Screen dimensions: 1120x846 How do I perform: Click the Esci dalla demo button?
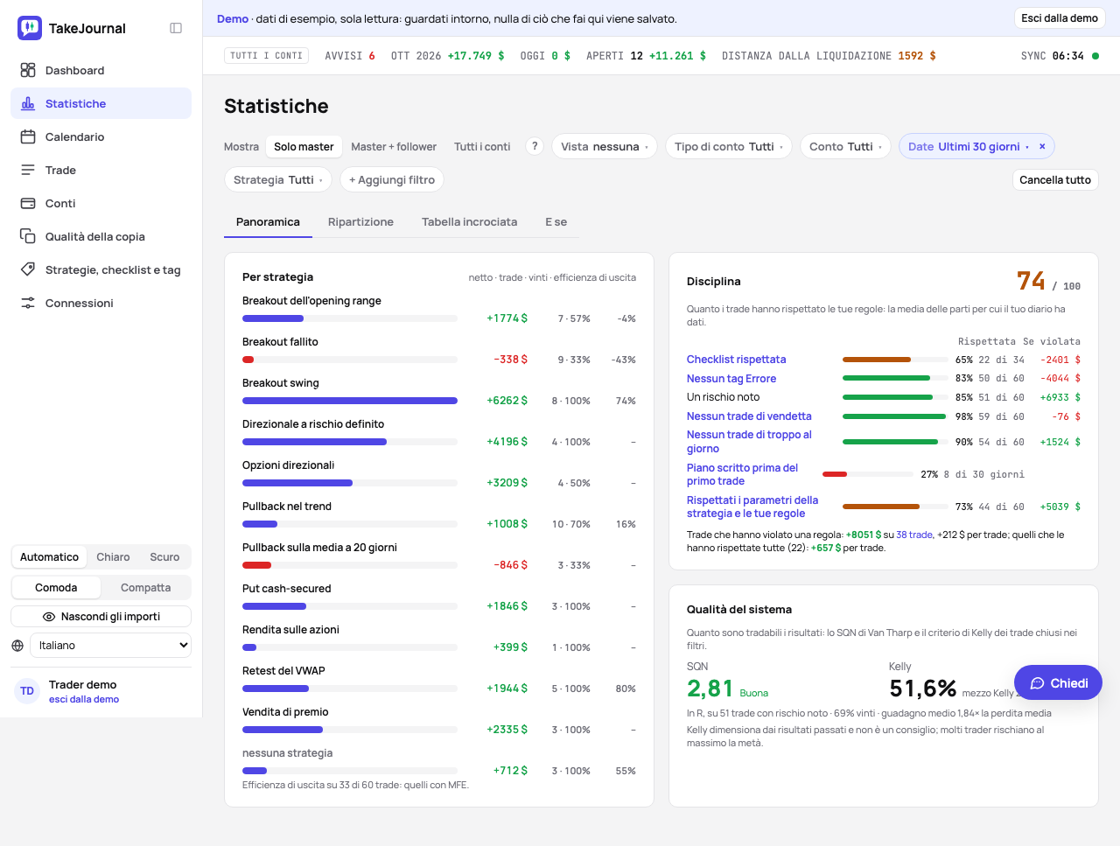point(1059,18)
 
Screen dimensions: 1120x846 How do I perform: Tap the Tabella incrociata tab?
point(469,222)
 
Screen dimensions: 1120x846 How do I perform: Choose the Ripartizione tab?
point(360,222)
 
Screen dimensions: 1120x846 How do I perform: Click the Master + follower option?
point(394,147)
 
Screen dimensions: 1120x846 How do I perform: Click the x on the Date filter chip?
point(1042,146)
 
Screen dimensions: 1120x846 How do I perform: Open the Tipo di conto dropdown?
point(728,146)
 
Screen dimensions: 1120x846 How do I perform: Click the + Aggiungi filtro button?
point(391,179)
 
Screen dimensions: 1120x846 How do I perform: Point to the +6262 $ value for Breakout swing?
point(507,401)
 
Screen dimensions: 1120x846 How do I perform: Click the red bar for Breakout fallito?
point(248,360)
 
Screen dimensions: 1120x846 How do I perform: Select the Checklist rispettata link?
point(736,359)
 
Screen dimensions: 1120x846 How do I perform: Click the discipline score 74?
point(1030,281)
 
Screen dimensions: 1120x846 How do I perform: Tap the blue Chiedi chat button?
point(1058,682)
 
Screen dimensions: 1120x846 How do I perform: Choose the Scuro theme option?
point(164,557)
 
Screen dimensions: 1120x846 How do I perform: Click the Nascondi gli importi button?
point(101,616)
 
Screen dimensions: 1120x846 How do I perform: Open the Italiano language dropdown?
point(111,645)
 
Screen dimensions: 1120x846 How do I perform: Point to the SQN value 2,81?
point(710,689)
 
